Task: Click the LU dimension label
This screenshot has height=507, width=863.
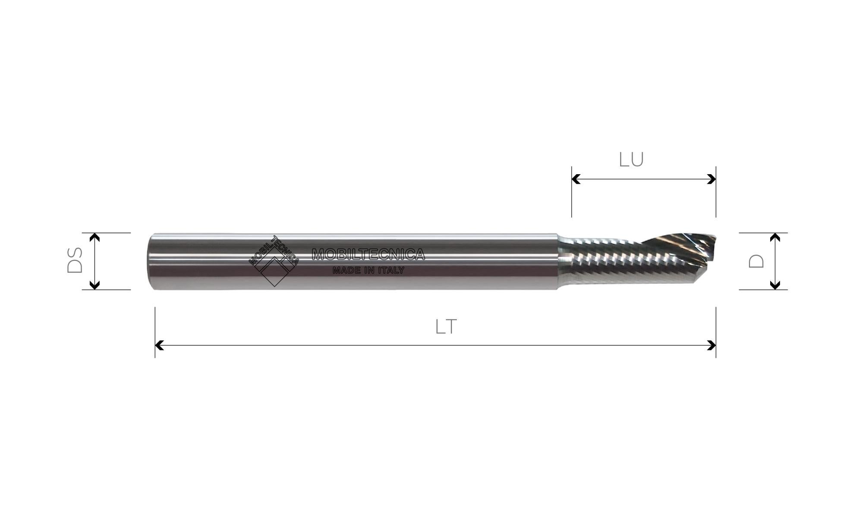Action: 631,160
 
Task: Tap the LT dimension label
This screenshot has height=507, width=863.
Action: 446,327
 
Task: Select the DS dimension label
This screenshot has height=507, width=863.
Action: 75,260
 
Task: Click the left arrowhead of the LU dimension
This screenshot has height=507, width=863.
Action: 576,179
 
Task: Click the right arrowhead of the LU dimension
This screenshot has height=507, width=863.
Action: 712,179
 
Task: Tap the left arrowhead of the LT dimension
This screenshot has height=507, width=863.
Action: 159,345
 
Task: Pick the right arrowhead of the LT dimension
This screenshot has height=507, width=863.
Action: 712,345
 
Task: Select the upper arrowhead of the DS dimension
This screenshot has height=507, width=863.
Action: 94,237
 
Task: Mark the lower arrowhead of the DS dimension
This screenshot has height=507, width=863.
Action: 94,285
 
